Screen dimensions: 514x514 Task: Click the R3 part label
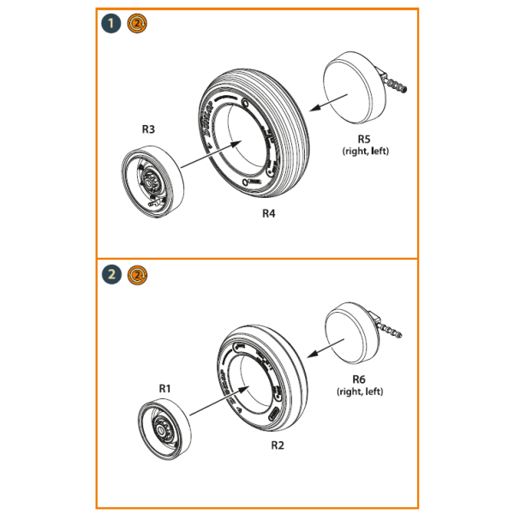[148, 130]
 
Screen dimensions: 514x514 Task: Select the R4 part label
[268, 213]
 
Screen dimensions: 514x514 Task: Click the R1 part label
[165, 387]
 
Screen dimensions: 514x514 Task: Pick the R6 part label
[359, 378]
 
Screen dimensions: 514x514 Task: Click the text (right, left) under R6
[359, 391]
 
